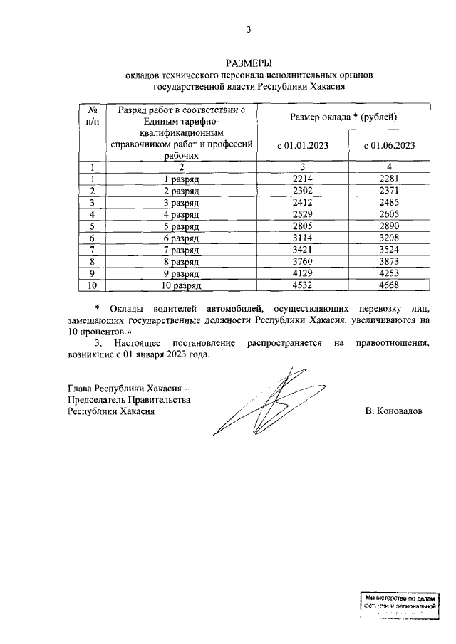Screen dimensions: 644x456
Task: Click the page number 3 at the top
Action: [249, 29]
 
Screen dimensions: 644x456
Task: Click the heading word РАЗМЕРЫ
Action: [249, 63]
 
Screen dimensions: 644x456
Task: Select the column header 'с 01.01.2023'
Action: [303, 146]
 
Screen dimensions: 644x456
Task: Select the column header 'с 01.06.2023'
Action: [389, 146]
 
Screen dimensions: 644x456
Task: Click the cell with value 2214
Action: [303, 179]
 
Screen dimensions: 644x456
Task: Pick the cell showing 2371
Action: [389, 191]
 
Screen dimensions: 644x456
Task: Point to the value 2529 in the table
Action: [303, 214]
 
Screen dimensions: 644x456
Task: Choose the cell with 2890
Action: [389, 226]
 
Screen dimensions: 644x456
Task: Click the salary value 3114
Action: [303, 238]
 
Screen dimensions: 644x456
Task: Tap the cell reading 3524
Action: [389, 250]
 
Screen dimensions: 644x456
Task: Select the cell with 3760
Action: [303, 261]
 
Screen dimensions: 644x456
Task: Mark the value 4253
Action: [389, 273]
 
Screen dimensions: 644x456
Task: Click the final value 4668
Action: [389, 285]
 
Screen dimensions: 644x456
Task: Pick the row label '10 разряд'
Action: [182, 285]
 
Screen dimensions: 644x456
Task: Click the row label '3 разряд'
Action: [182, 203]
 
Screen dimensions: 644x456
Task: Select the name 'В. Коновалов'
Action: [393, 411]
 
